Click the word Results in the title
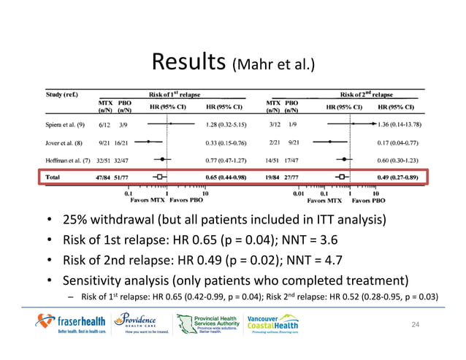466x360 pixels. (x=188, y=62)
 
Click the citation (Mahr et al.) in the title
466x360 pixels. (x=272, y=66)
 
